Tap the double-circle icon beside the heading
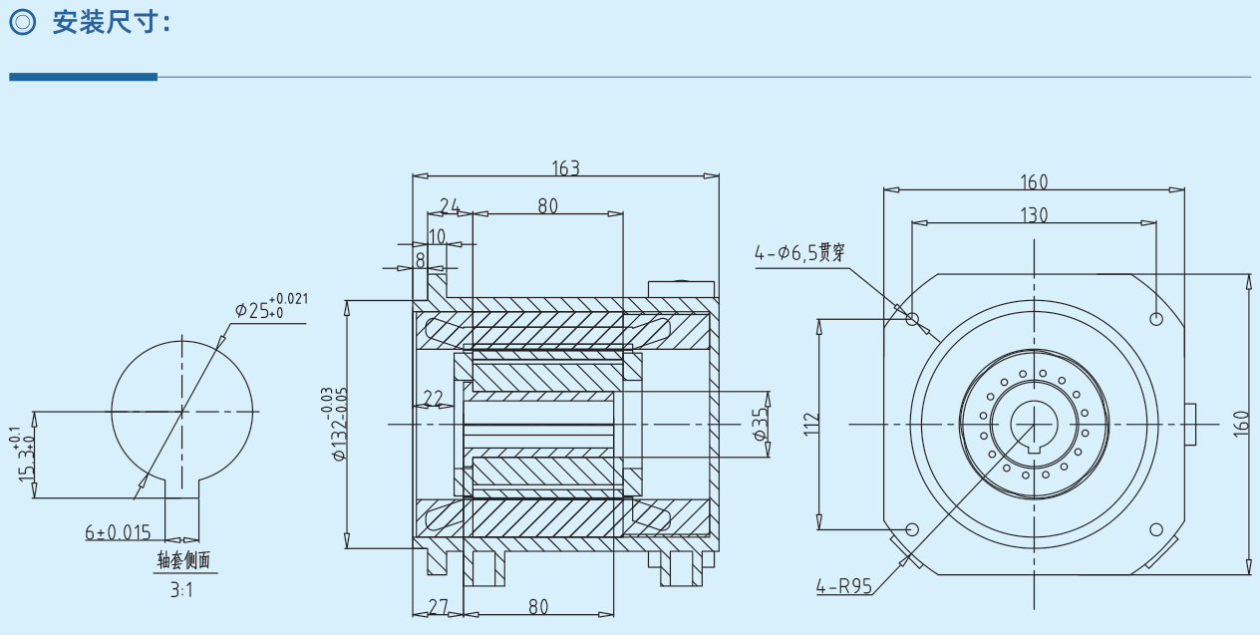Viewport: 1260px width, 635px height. [23, 23]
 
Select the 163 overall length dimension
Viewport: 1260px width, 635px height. [565, 167]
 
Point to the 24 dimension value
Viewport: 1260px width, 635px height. [450, 206]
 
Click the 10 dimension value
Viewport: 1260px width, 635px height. [437, 235]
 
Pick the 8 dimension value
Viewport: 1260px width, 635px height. [421, 259]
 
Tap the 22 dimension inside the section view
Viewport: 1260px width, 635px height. [433, 399]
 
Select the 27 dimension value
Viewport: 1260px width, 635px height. [438, 607]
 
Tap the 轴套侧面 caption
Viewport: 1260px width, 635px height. [184, 560]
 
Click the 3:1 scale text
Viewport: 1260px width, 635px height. [181, 590]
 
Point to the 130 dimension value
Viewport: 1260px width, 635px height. [1034, 214]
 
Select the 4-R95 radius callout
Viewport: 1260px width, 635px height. [843, 586]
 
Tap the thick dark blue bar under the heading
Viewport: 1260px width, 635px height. [83, 77]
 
